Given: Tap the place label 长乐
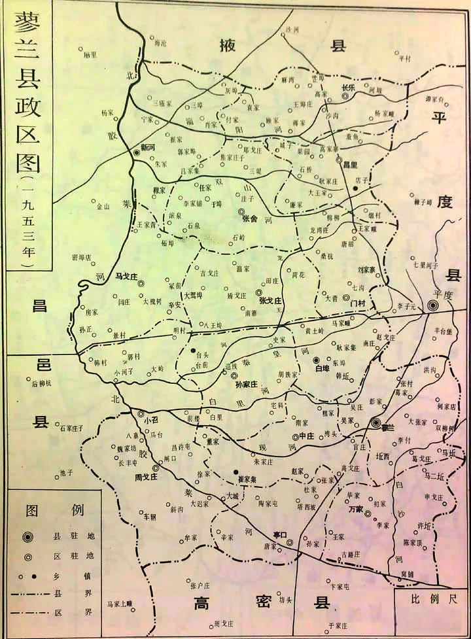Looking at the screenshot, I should click(x=348, y=87).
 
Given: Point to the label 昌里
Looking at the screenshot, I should click(x=351, y=165).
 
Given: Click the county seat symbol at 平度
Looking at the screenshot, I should click(x=432, y=305).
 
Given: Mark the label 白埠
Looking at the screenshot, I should click(x=322, y=369).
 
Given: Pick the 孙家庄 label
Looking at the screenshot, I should click(x=248, y=385).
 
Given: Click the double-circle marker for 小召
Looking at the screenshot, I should click(x=139, y=413).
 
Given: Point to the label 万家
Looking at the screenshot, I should click(x=356, y=508).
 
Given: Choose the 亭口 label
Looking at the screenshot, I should click(x=281, y=534).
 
